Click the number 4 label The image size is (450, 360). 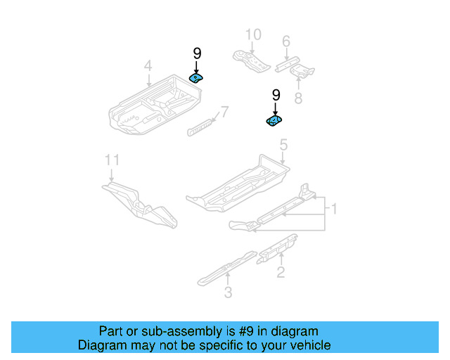click(148, 66)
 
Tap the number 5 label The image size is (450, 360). click(283, 146)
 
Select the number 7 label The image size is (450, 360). click(224, 111)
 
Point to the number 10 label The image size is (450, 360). click(252, 34)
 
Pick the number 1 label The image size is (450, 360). click(335, 209)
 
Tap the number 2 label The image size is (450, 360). click(281, 272)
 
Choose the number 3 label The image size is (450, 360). click(228, 292)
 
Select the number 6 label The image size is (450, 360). click(286, 41)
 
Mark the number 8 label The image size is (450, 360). click(298, 98)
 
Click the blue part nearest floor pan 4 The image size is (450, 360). click(196, 78)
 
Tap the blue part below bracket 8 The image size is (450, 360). click(274, 122)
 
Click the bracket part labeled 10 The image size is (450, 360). click(250, 60)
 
